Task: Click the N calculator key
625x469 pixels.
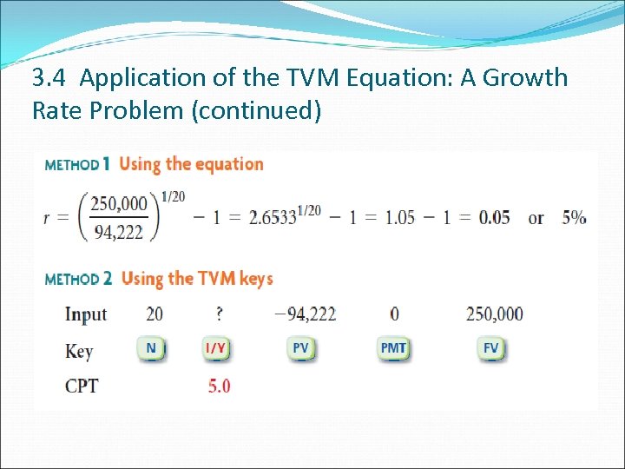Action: pyautogui.click(x=151, y=349)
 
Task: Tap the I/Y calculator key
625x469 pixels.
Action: pyautogui.click(x=215, y=349)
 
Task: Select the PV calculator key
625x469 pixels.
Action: pyautogui.click(x=300, y=349)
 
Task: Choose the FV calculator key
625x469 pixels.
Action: pyautogui.click(x=491, y=349)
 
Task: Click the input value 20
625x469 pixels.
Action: pyautogui.click(x=155, y=314)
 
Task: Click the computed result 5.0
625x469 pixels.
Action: pyautogui.click(x=219, y=386)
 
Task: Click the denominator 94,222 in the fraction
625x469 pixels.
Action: pyautogui.click(x=121, y=232)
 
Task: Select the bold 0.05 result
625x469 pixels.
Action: pyautogui.click(x=494, y=217)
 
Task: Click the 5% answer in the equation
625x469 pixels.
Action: pyautogui.click(x=574, y=217)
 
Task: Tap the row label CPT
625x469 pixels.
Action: pyautogui.click(x=82, y=386)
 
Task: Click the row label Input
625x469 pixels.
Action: pyautogui.click(x=86, y=314)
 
